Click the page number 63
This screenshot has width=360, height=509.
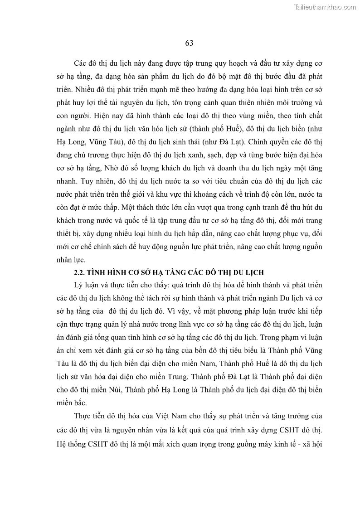coord(190,44)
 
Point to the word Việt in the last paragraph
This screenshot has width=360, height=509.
coord(157,416)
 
